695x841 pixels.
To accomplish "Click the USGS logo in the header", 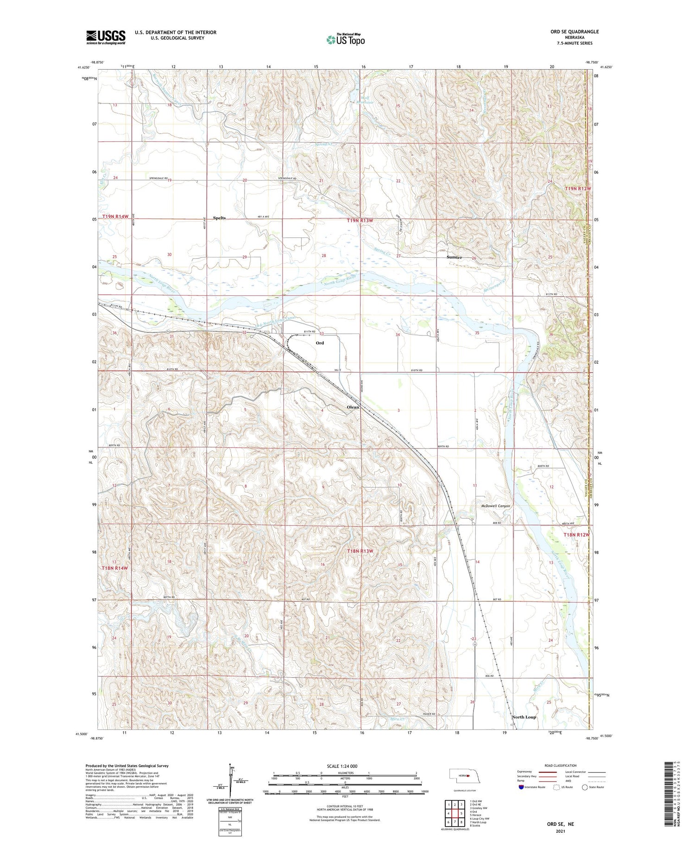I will tap(106, 37).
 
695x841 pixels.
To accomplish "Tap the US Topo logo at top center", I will tap(345, 40).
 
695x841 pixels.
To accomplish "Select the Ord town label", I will tap(320, 343).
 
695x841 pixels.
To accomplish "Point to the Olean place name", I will tap(353, 407).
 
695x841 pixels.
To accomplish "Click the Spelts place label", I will tap(219, 218).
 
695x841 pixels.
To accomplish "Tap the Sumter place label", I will tap(454, 257).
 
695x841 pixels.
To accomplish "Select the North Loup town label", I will tap(524, 717).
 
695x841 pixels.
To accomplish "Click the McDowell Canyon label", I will tap(495, 506).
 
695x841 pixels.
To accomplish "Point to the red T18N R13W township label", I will tap(360, 551).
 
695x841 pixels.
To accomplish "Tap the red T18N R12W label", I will tap(576, 535).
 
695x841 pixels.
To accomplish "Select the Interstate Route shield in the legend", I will tap(521, 787).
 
